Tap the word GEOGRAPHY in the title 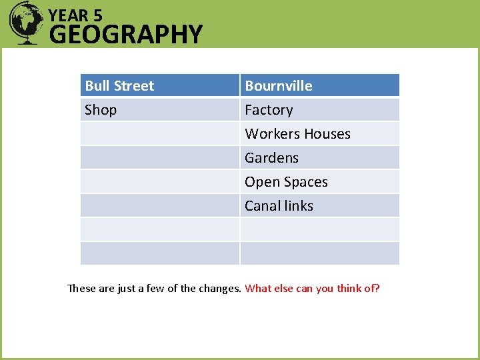[x=125, y=34]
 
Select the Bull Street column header [x=119, y=86]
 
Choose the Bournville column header [x=279, y=86]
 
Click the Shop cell [x=101, y=110]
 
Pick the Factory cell [x=269, y=110]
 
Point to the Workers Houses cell [x=297, y=134]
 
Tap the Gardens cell [x=271, y=158]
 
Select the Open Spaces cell [x=286, y=182]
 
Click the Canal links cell [x=279, y=206]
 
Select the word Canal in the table [x=261, y=206]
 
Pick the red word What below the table [x=257, y=289]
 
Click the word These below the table [x=82, y=289]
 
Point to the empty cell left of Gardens [x=160, y=158]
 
